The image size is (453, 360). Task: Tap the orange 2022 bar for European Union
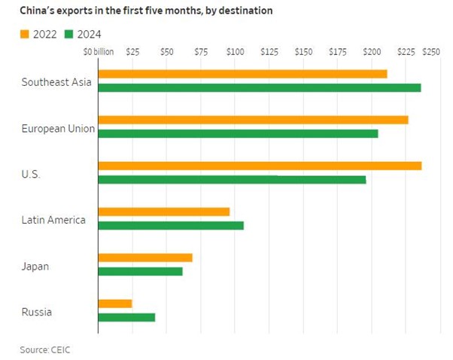(253, 120)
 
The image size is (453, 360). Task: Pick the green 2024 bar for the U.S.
(232, 179)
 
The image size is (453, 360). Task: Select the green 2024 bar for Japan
(141, 271)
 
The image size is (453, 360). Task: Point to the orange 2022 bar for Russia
(115, 304)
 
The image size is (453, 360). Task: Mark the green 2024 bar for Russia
(126, 317)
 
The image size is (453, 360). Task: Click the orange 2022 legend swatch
(25, 35)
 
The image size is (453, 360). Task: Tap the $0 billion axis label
(99, 52)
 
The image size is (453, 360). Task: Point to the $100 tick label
(235, 52)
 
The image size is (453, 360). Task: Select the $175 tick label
(338, 52)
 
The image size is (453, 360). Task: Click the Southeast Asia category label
(56, 81)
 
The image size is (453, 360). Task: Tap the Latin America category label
(53, 220)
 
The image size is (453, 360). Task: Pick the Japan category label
(35, 266)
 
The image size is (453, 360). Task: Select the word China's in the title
(38, 11)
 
